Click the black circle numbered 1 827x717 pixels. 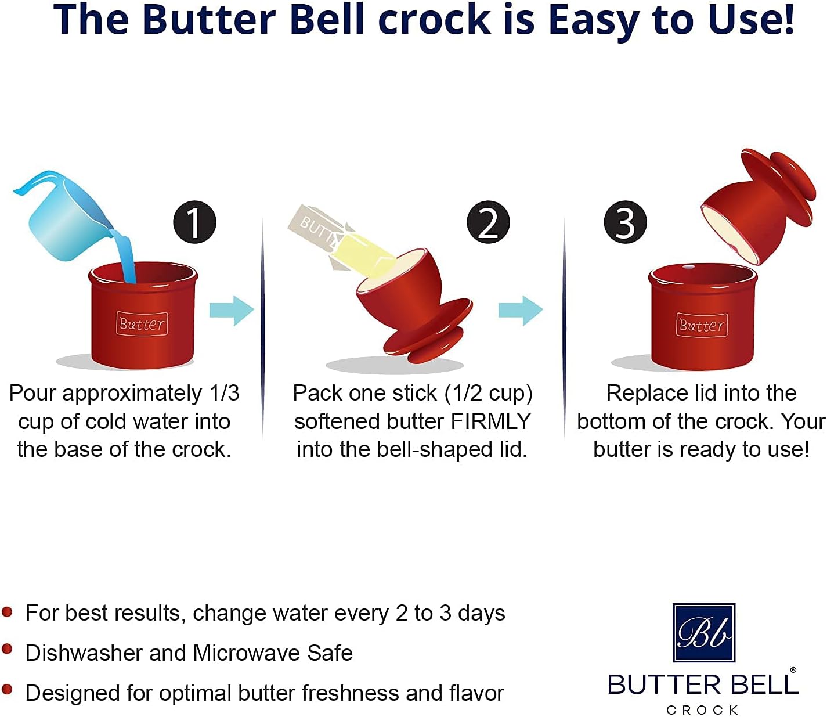[x=194, y=222]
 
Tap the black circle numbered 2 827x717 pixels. [x=488, y=222]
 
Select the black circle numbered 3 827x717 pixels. [x=625, y=222]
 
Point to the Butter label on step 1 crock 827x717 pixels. [x=142, y=324]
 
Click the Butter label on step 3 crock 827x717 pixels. [x=702, y=325]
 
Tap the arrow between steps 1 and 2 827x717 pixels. [x=232, y=311]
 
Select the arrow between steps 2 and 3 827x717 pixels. [x=521, y=311]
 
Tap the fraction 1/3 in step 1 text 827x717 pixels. [x=224, y=394]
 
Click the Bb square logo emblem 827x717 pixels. [x=704, y=633]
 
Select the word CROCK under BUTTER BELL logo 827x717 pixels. [x=702, y=710]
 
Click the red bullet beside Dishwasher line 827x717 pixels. [x=7, y=649]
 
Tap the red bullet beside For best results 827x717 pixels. [x=7, y=611]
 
